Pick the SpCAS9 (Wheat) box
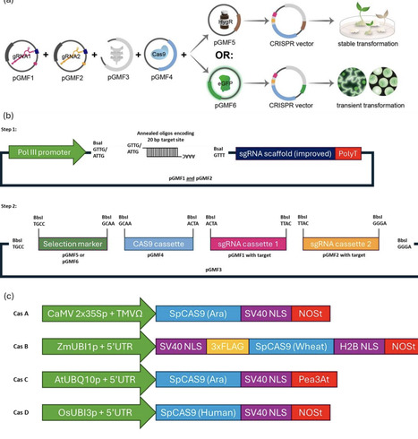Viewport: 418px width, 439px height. coord(286,346)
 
